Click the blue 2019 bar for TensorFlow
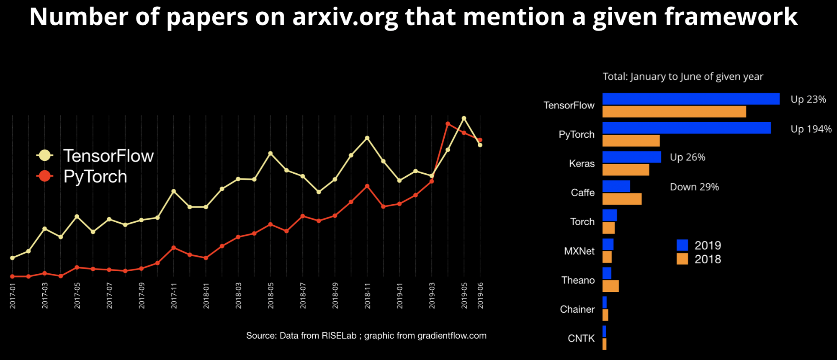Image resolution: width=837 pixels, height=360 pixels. click(x=691, y=99)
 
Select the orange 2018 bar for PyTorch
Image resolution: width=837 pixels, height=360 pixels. click(x=631, y=141)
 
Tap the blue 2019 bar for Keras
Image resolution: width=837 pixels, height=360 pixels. click(x=631, y=157)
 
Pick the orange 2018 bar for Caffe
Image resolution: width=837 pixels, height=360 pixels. click(x=622, y=199)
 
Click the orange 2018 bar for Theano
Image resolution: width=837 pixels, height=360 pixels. click(x=610, y=286)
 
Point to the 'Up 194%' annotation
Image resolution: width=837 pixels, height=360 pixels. click(x=811, y=129)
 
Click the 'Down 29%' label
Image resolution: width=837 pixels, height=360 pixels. click(x=694, y=187)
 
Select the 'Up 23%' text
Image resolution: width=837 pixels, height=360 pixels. click(x=808, y=99)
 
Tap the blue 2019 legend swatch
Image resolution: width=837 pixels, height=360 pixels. click(x=682, y=245)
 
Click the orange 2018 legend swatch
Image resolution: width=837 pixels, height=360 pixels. click(x=682, y=259)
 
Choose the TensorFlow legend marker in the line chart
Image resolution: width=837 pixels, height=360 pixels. click(x=45, y=156)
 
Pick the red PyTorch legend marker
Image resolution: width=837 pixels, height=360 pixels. click(x=45, y=176)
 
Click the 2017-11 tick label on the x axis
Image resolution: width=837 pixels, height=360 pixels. click(x=174, y=296)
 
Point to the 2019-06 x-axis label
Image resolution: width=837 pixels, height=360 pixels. click(x=480, y=296)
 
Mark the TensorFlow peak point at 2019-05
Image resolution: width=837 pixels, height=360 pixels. click(x=464, y=118)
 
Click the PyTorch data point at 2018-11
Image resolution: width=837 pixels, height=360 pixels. click(x=367, y=186)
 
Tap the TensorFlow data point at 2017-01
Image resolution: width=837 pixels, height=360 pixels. click(x=12, y=258)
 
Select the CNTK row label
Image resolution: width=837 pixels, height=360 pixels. click(x=581, y=338)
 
